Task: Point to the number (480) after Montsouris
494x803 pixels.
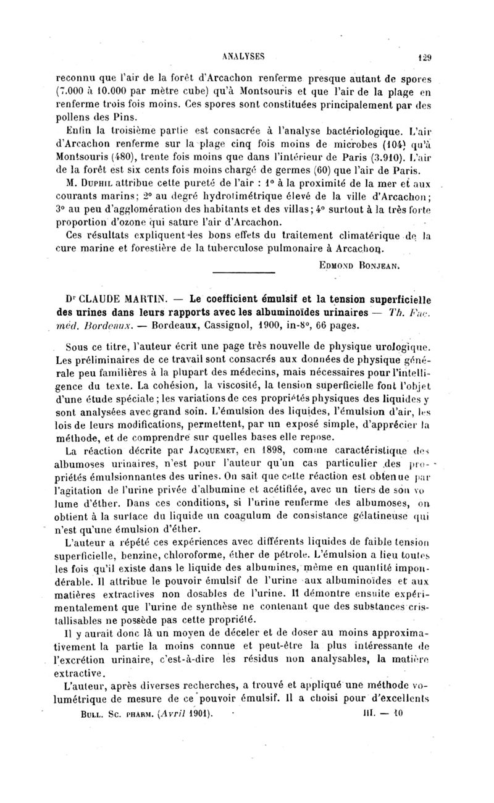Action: click(x=130, y=148)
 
